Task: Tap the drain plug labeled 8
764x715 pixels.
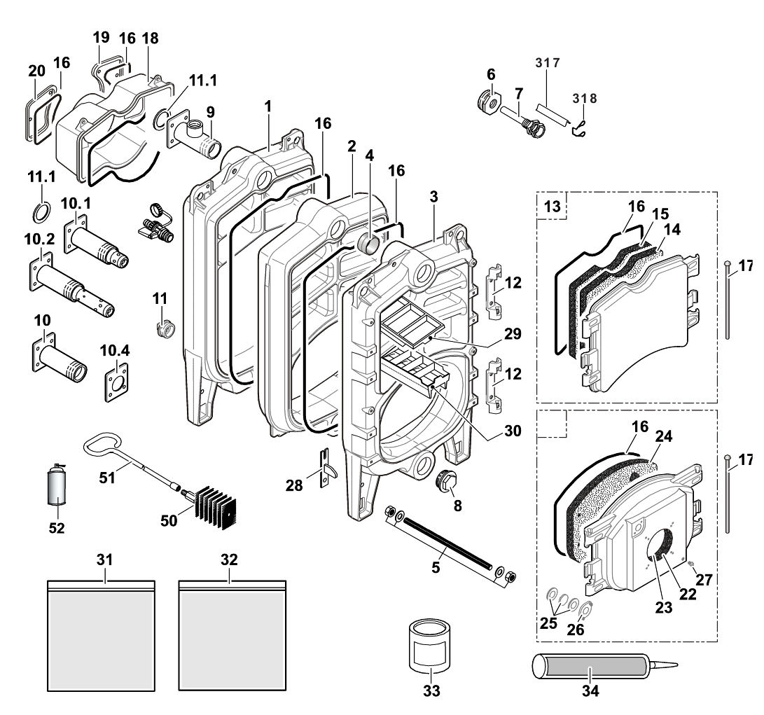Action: coord(445,481)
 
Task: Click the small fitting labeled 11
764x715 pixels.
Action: coord(164,327)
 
